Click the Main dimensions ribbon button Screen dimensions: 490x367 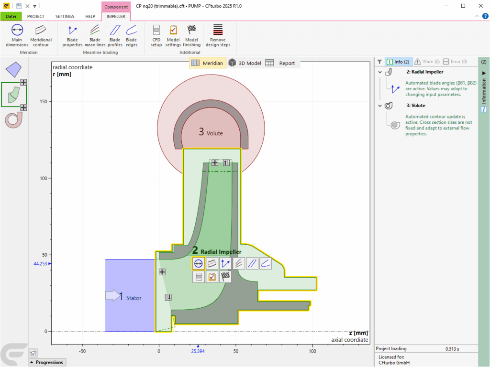[17, 35]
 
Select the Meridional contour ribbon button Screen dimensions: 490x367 [41, 35]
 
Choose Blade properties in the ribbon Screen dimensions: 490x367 [72, 35]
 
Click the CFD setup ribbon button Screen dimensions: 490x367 [156, 35]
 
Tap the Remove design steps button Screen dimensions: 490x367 [218, 35]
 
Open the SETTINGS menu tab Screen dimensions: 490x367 [65, 17]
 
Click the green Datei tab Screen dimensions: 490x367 [11, 17]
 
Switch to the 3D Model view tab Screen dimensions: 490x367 [245, 63]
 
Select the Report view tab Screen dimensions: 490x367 [280, 63]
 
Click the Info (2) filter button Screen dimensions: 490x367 [398, 62]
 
